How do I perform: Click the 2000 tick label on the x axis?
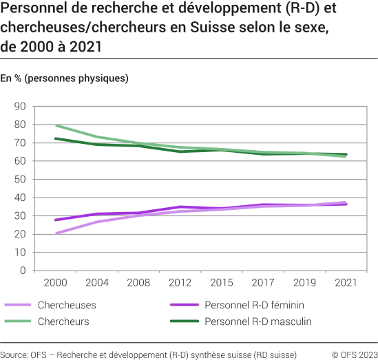pos(55,283)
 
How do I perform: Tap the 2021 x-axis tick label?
pos(346,283)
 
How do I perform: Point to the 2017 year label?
pos(262,283)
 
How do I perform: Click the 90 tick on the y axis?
pos(19,107)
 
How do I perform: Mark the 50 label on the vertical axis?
pos(19,180)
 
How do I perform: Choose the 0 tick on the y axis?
pos(22,271)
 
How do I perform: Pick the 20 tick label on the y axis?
pos(19,234)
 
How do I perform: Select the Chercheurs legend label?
pos(63,321)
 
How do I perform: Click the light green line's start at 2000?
pos(56,126)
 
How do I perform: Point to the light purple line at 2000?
pos(56,233)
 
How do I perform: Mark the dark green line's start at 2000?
pos(56,139)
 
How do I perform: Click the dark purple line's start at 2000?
pos(56,220)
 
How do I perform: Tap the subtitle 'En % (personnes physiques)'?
pos(65,78)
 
